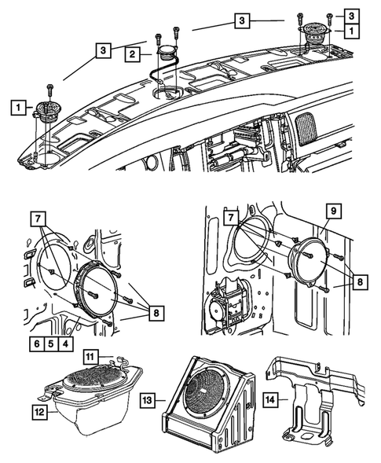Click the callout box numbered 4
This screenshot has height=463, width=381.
coord(65,343)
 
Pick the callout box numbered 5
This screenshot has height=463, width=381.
coord(50,343)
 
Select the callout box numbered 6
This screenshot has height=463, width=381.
coord(35,343)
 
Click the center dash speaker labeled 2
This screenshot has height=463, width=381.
coord(167,57)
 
